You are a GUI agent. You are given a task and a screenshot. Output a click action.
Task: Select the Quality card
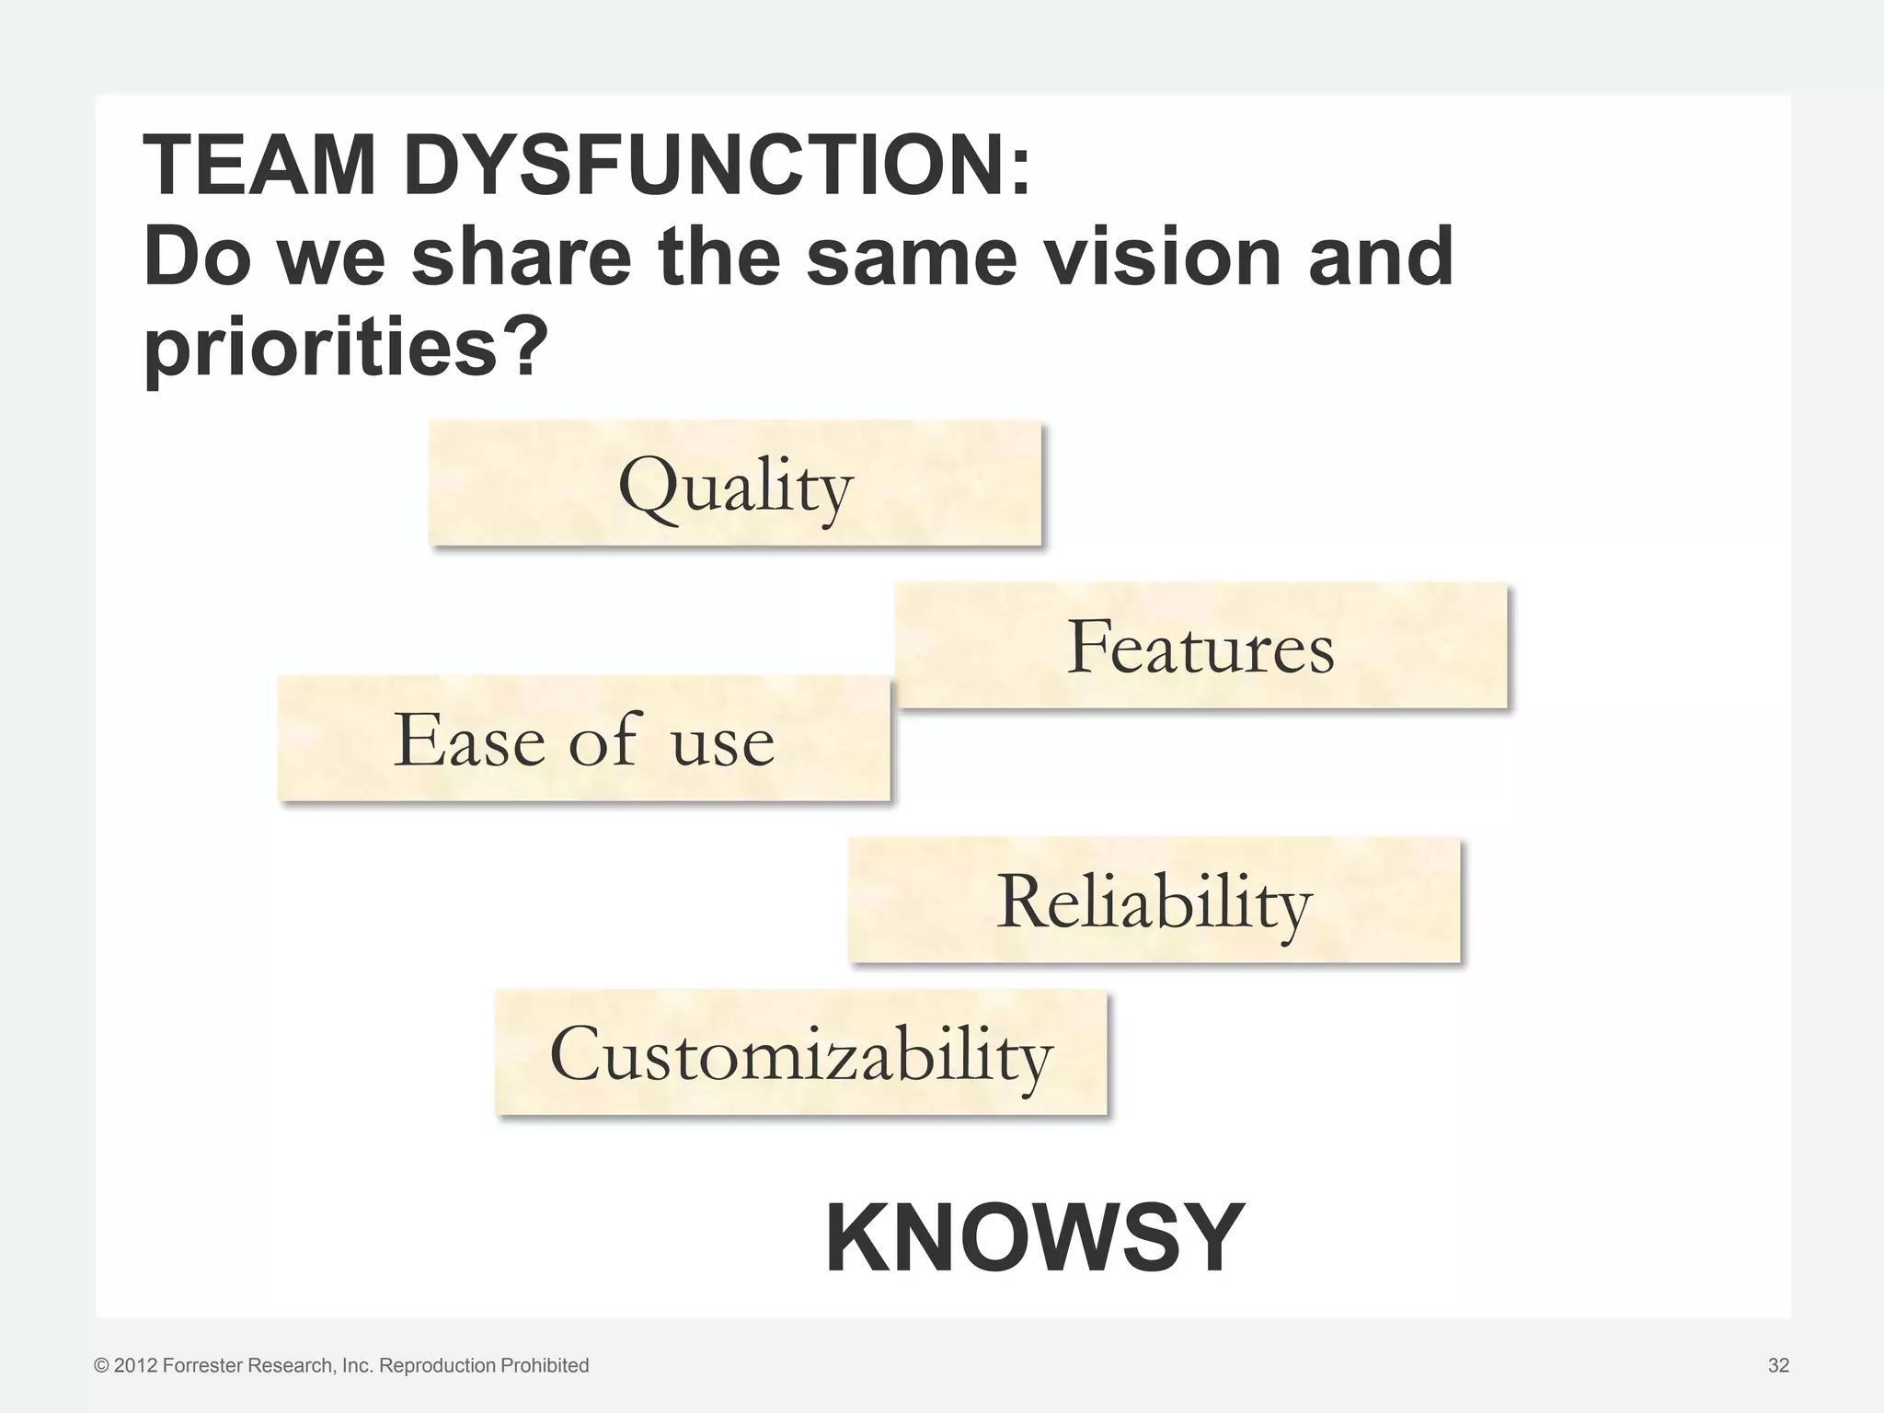coord(735,484)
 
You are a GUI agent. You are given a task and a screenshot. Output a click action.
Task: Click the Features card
coord(1200,646)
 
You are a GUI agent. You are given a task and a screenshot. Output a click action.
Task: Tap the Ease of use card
coord(584,739)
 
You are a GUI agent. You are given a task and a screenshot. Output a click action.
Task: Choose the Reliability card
coord(1154,901)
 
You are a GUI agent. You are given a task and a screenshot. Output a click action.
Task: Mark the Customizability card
coord(800,1053)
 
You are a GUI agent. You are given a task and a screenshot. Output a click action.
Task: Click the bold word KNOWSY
coord(1035,1238)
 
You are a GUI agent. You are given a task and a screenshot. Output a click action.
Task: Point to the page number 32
coord(1778,1365)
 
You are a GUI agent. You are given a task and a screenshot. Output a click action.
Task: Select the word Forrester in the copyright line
coord(199,1366)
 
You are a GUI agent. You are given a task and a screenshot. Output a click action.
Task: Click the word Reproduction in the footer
coord(437,1366)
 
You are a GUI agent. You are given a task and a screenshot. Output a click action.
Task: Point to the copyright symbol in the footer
coord(101,1366)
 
